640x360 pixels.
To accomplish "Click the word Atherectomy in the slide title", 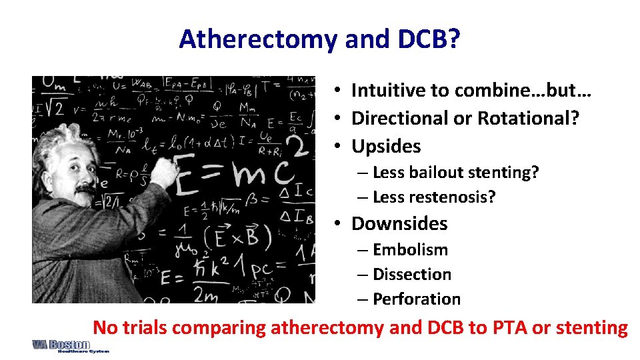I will click(259, 40).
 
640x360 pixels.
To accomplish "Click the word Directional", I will click(399, 118).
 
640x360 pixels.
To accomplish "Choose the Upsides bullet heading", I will click(386, 146).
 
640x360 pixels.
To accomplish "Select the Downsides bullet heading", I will click(399, 223).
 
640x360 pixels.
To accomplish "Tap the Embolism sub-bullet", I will click(410, 249).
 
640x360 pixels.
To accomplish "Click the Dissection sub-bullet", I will click(412, 274).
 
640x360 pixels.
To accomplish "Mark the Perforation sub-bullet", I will click(417, 299).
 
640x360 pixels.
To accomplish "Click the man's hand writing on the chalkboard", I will click(163, 175).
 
